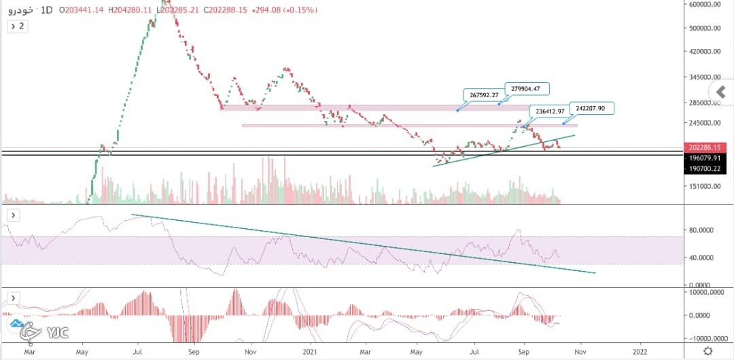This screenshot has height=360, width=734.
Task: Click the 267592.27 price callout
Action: tap(482, 95)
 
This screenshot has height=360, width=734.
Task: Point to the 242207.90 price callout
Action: tap(591, 108)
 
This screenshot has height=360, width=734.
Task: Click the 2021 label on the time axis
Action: tap(310, 350)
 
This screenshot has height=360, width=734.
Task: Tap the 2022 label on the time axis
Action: tap(640, 350)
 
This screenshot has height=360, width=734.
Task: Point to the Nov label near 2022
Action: tap(580, 350)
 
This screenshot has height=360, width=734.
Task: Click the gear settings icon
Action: tap(708, 350)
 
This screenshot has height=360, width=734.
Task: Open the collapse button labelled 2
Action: tap(17, 26)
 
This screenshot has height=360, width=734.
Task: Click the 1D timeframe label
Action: tap(48, 10)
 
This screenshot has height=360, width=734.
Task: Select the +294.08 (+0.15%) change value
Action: tap(283, 10)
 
